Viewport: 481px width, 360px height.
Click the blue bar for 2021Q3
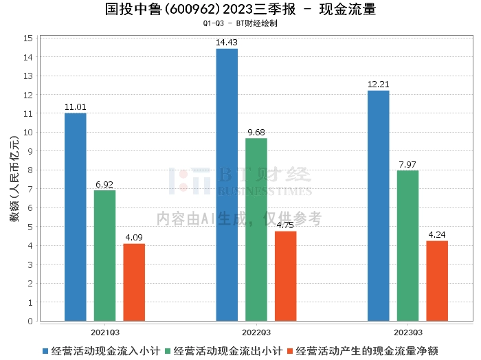(75, 216)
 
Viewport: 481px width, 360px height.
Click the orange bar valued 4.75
(285, 275)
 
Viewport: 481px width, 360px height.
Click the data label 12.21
(378, 85)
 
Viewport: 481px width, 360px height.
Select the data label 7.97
(407, 164)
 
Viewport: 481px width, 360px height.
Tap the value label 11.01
(75, 107)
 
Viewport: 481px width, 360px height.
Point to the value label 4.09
(134, 238)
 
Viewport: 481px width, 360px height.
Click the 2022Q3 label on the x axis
(256, 332)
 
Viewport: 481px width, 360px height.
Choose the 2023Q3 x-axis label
(407, 332)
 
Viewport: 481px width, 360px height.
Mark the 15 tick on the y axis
(29, 38)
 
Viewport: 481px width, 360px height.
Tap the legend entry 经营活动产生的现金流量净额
(366, 350)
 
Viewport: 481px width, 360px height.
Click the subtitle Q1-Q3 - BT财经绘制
(240, 23)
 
